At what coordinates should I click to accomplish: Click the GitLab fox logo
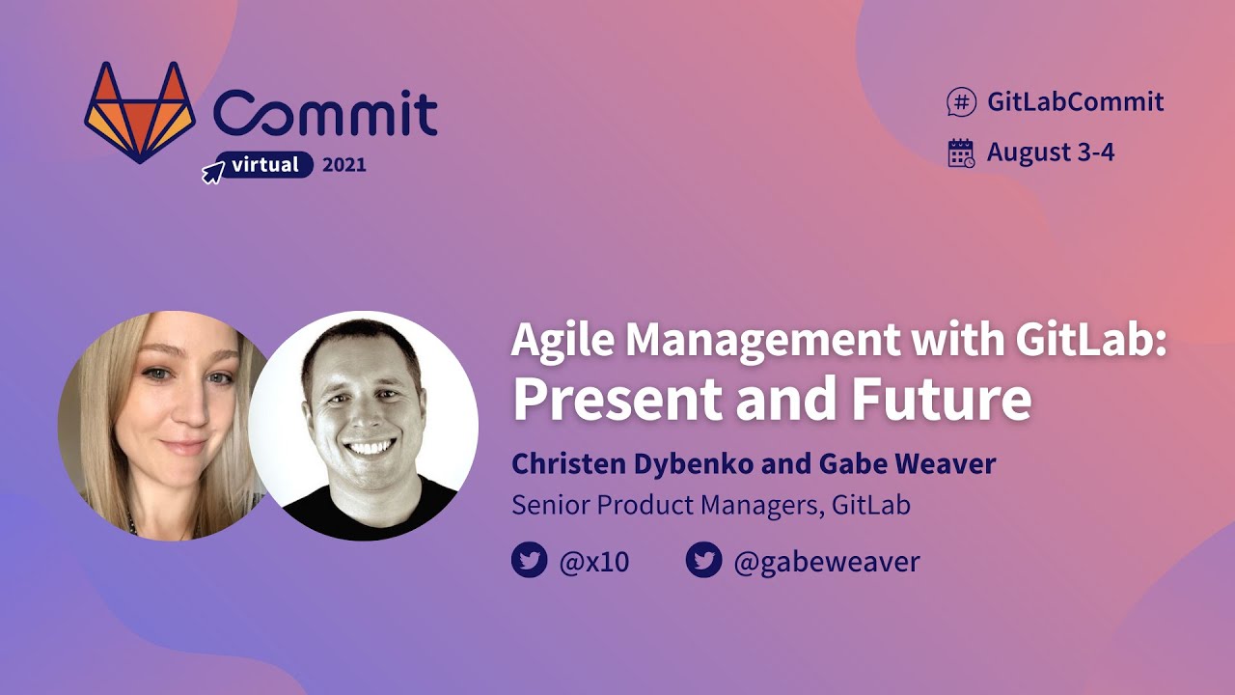pos(140,113)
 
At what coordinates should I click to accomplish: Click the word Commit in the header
pos(326,114)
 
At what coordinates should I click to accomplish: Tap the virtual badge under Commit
pos(264,165)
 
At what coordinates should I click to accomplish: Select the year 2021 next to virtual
pos(344,165)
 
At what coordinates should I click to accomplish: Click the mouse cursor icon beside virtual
pos(212,173)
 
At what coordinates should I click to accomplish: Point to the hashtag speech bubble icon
pos(961,101)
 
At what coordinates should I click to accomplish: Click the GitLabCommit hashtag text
pos(1075,101)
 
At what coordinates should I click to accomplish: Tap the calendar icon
pos(961,153)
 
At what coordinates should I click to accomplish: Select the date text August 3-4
pos(1050,153)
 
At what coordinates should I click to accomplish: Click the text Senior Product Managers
pos(663,505)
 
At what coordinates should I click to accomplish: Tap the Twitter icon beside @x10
pos(530,561)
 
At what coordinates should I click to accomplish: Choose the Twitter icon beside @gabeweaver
pos(703,561)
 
